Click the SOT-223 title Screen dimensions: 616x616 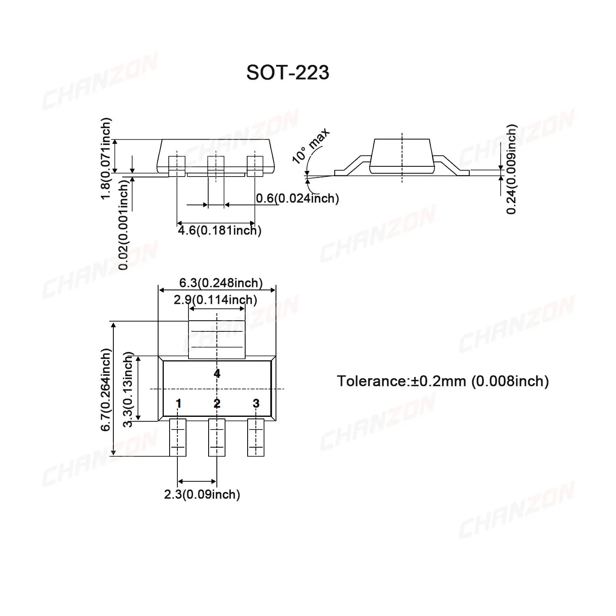pos(287,73)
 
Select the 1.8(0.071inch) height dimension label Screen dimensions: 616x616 pos(106,159)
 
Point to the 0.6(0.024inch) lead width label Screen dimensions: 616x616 pos(297,199)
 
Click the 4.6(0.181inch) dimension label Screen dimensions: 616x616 pos(219,230)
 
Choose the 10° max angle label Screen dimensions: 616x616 pos(310,146)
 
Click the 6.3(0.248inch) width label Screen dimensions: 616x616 pos(221,283)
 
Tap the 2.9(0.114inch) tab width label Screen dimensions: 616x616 pos(215,300)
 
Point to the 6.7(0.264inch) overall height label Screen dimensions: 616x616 pos(106,389)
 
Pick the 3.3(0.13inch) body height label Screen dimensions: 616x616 pos(128,389)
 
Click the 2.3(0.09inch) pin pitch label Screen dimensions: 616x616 pos(202,494)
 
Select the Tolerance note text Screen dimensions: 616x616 pos(443,381)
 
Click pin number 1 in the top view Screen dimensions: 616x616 pos(178,403)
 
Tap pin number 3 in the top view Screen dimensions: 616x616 pos(256,403)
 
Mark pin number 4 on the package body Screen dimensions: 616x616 pos(217,373)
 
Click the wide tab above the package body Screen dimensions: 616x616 pos(216,339)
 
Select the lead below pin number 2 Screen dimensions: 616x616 pos(216,437)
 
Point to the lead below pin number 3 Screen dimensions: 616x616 pos(255,437)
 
